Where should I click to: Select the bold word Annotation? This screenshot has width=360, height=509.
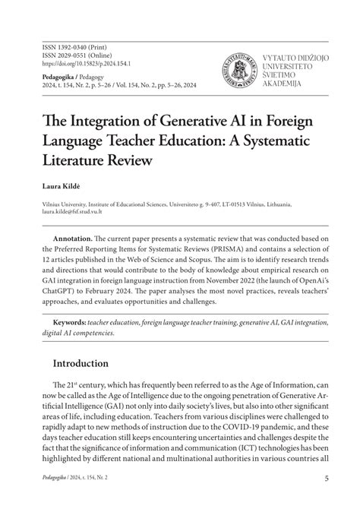[x=73, y=239]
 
